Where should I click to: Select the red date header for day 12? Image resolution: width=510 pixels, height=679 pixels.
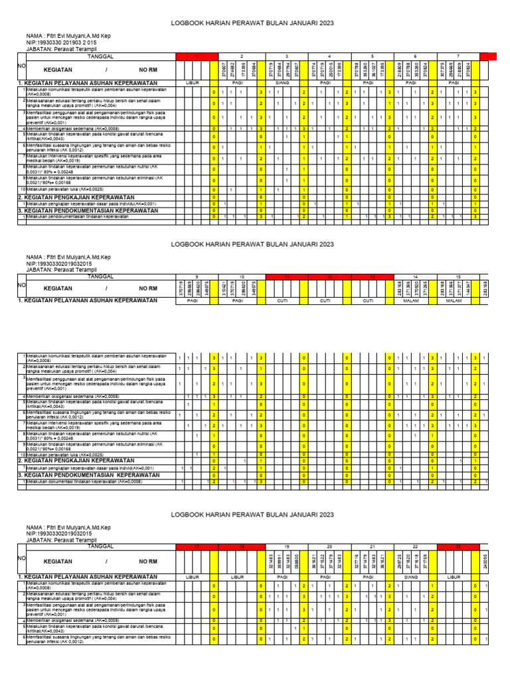(x=325, y=275)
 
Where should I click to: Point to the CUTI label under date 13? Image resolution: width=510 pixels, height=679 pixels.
(x=369, y=300)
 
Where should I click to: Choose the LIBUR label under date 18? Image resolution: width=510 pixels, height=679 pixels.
(x=238, y=578)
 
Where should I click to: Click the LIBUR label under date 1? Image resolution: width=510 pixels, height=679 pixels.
(x=195, y=83)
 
